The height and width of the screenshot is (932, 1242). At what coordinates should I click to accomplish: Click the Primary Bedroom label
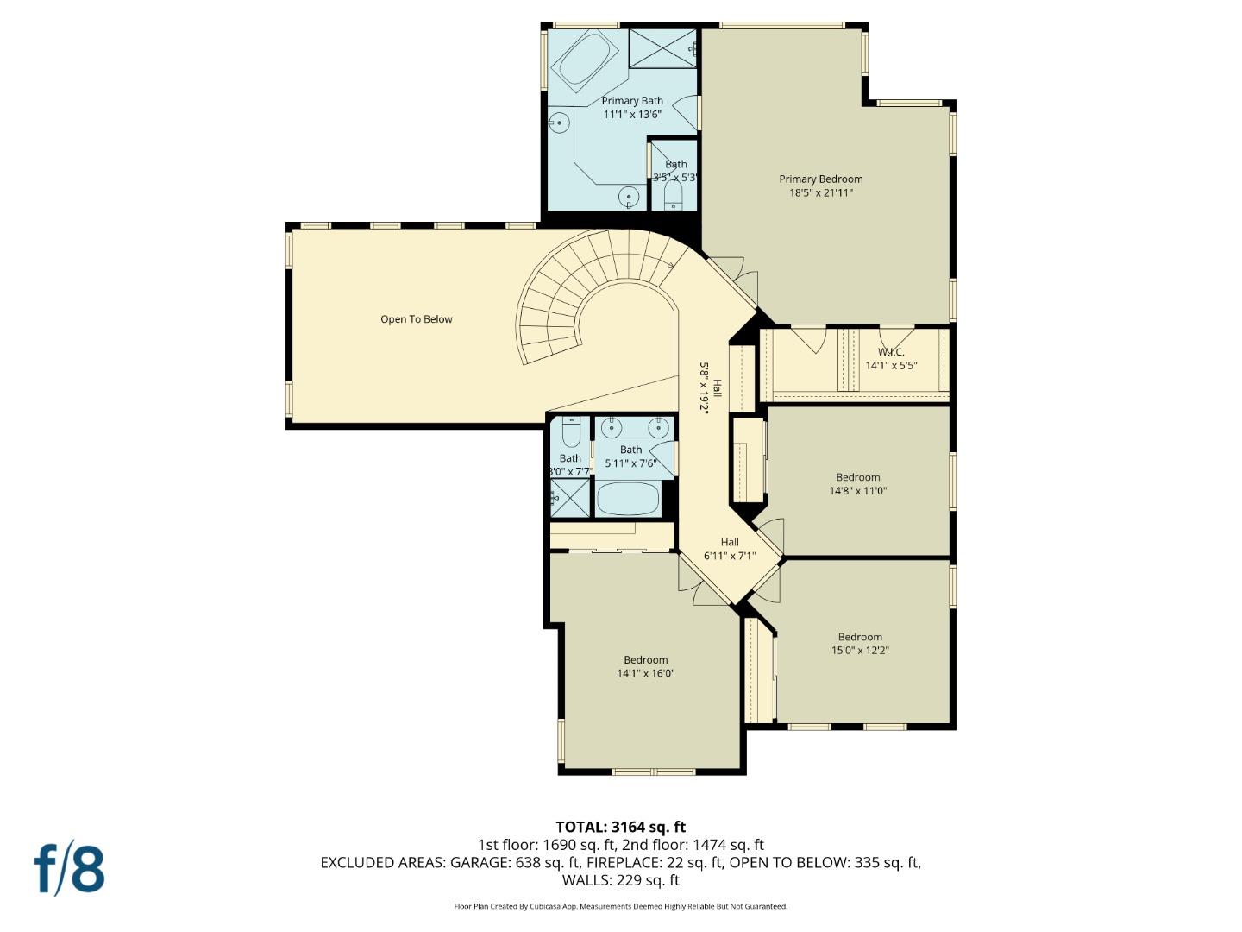(820, 179)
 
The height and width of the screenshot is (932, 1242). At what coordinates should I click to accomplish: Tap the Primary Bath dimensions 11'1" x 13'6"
(632, 114)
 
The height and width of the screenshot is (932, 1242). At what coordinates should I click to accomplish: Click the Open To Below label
(417, 319)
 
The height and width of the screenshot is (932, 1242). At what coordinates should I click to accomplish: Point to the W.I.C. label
(891, 352)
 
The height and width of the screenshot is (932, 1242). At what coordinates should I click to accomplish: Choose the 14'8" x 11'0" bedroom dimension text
(857, 491)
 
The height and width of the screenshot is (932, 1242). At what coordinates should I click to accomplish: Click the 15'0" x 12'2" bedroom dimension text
(860, 651)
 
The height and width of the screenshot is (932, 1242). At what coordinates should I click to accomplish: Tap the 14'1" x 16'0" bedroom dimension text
(646, 674)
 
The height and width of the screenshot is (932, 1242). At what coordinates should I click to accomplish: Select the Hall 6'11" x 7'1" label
(730, 550)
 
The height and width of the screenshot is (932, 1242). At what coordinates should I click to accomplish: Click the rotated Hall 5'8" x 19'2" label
(710, 387)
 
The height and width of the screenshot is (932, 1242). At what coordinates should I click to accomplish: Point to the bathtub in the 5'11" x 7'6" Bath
(628, 499)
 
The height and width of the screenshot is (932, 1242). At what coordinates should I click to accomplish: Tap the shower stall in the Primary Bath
(662, 47)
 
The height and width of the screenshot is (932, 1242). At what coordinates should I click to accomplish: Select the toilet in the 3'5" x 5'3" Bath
(674, 194)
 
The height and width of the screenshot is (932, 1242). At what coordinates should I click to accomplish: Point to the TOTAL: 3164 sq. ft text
(620, 828)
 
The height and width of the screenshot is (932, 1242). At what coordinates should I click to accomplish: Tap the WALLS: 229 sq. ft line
(620, 880)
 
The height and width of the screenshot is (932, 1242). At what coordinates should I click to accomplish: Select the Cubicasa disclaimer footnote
(620, 906)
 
